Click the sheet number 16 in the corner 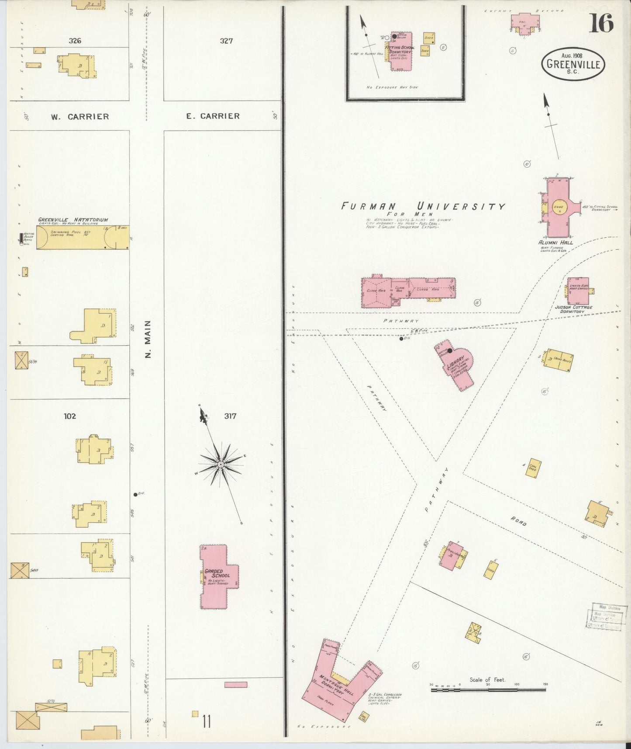601,23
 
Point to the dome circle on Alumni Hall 559,208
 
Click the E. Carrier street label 213,116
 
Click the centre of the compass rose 221,464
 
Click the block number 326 75,41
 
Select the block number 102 69,416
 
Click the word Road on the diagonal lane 518,521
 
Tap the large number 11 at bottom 206,721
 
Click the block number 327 226,41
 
